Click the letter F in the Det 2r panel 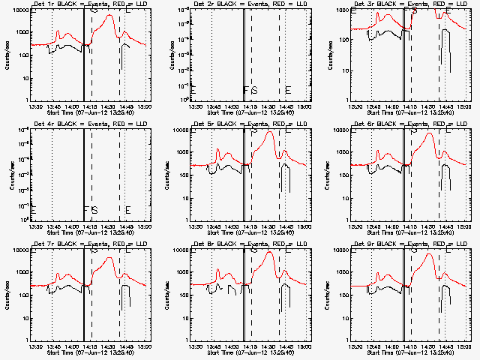[245, 90]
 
